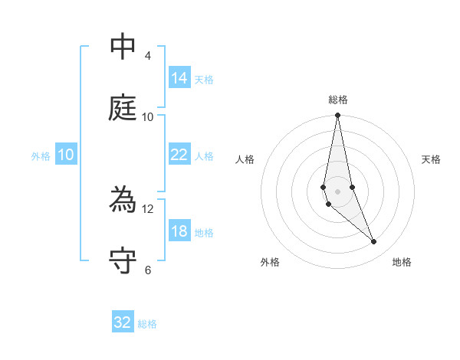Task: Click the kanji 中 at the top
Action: pos(123,47)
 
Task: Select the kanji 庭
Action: pos(123,109)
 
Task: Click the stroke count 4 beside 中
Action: pos(148,56)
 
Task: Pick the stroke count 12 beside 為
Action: pos(148,208)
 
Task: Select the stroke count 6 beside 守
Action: pos(148,270)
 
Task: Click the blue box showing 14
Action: pos(179,78)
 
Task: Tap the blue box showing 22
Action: pos(179,155)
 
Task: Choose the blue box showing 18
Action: pos(179,231)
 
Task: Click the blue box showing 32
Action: pos(123,322)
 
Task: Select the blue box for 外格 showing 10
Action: pos(66,155)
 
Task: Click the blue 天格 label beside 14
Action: pos(204,79)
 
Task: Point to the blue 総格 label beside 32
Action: pos(147,323)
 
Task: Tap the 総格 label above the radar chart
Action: pos(338,100)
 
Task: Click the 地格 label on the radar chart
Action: pos(402,262)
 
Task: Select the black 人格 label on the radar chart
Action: pos(245,159)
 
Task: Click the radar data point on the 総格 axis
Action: pos(337,116)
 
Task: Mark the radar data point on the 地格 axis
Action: pos(374,242)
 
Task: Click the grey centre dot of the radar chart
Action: pos(337,191)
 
